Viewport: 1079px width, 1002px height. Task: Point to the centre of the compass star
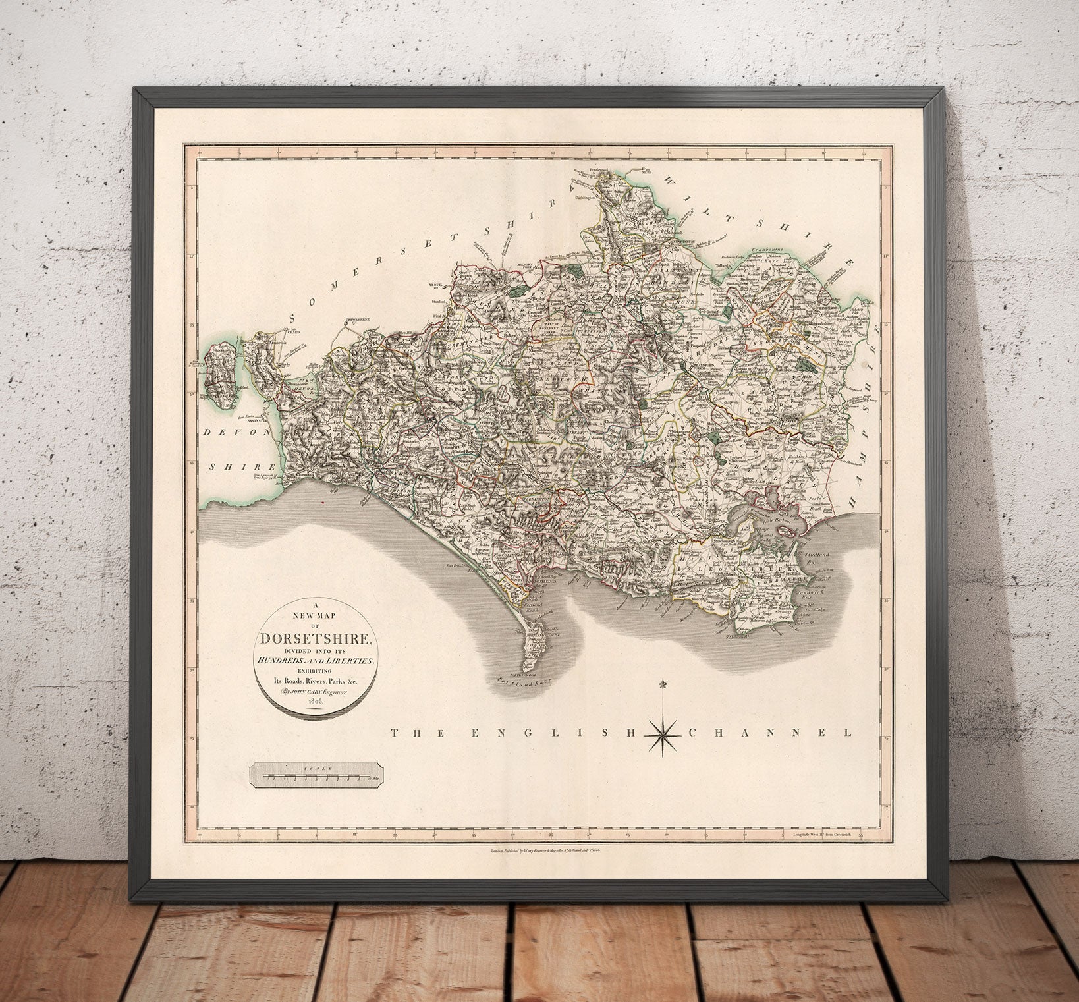coord(661,731)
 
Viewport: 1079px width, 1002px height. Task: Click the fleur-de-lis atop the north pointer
coord(661,684)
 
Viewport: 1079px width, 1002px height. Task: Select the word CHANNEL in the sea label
coord(771,732)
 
